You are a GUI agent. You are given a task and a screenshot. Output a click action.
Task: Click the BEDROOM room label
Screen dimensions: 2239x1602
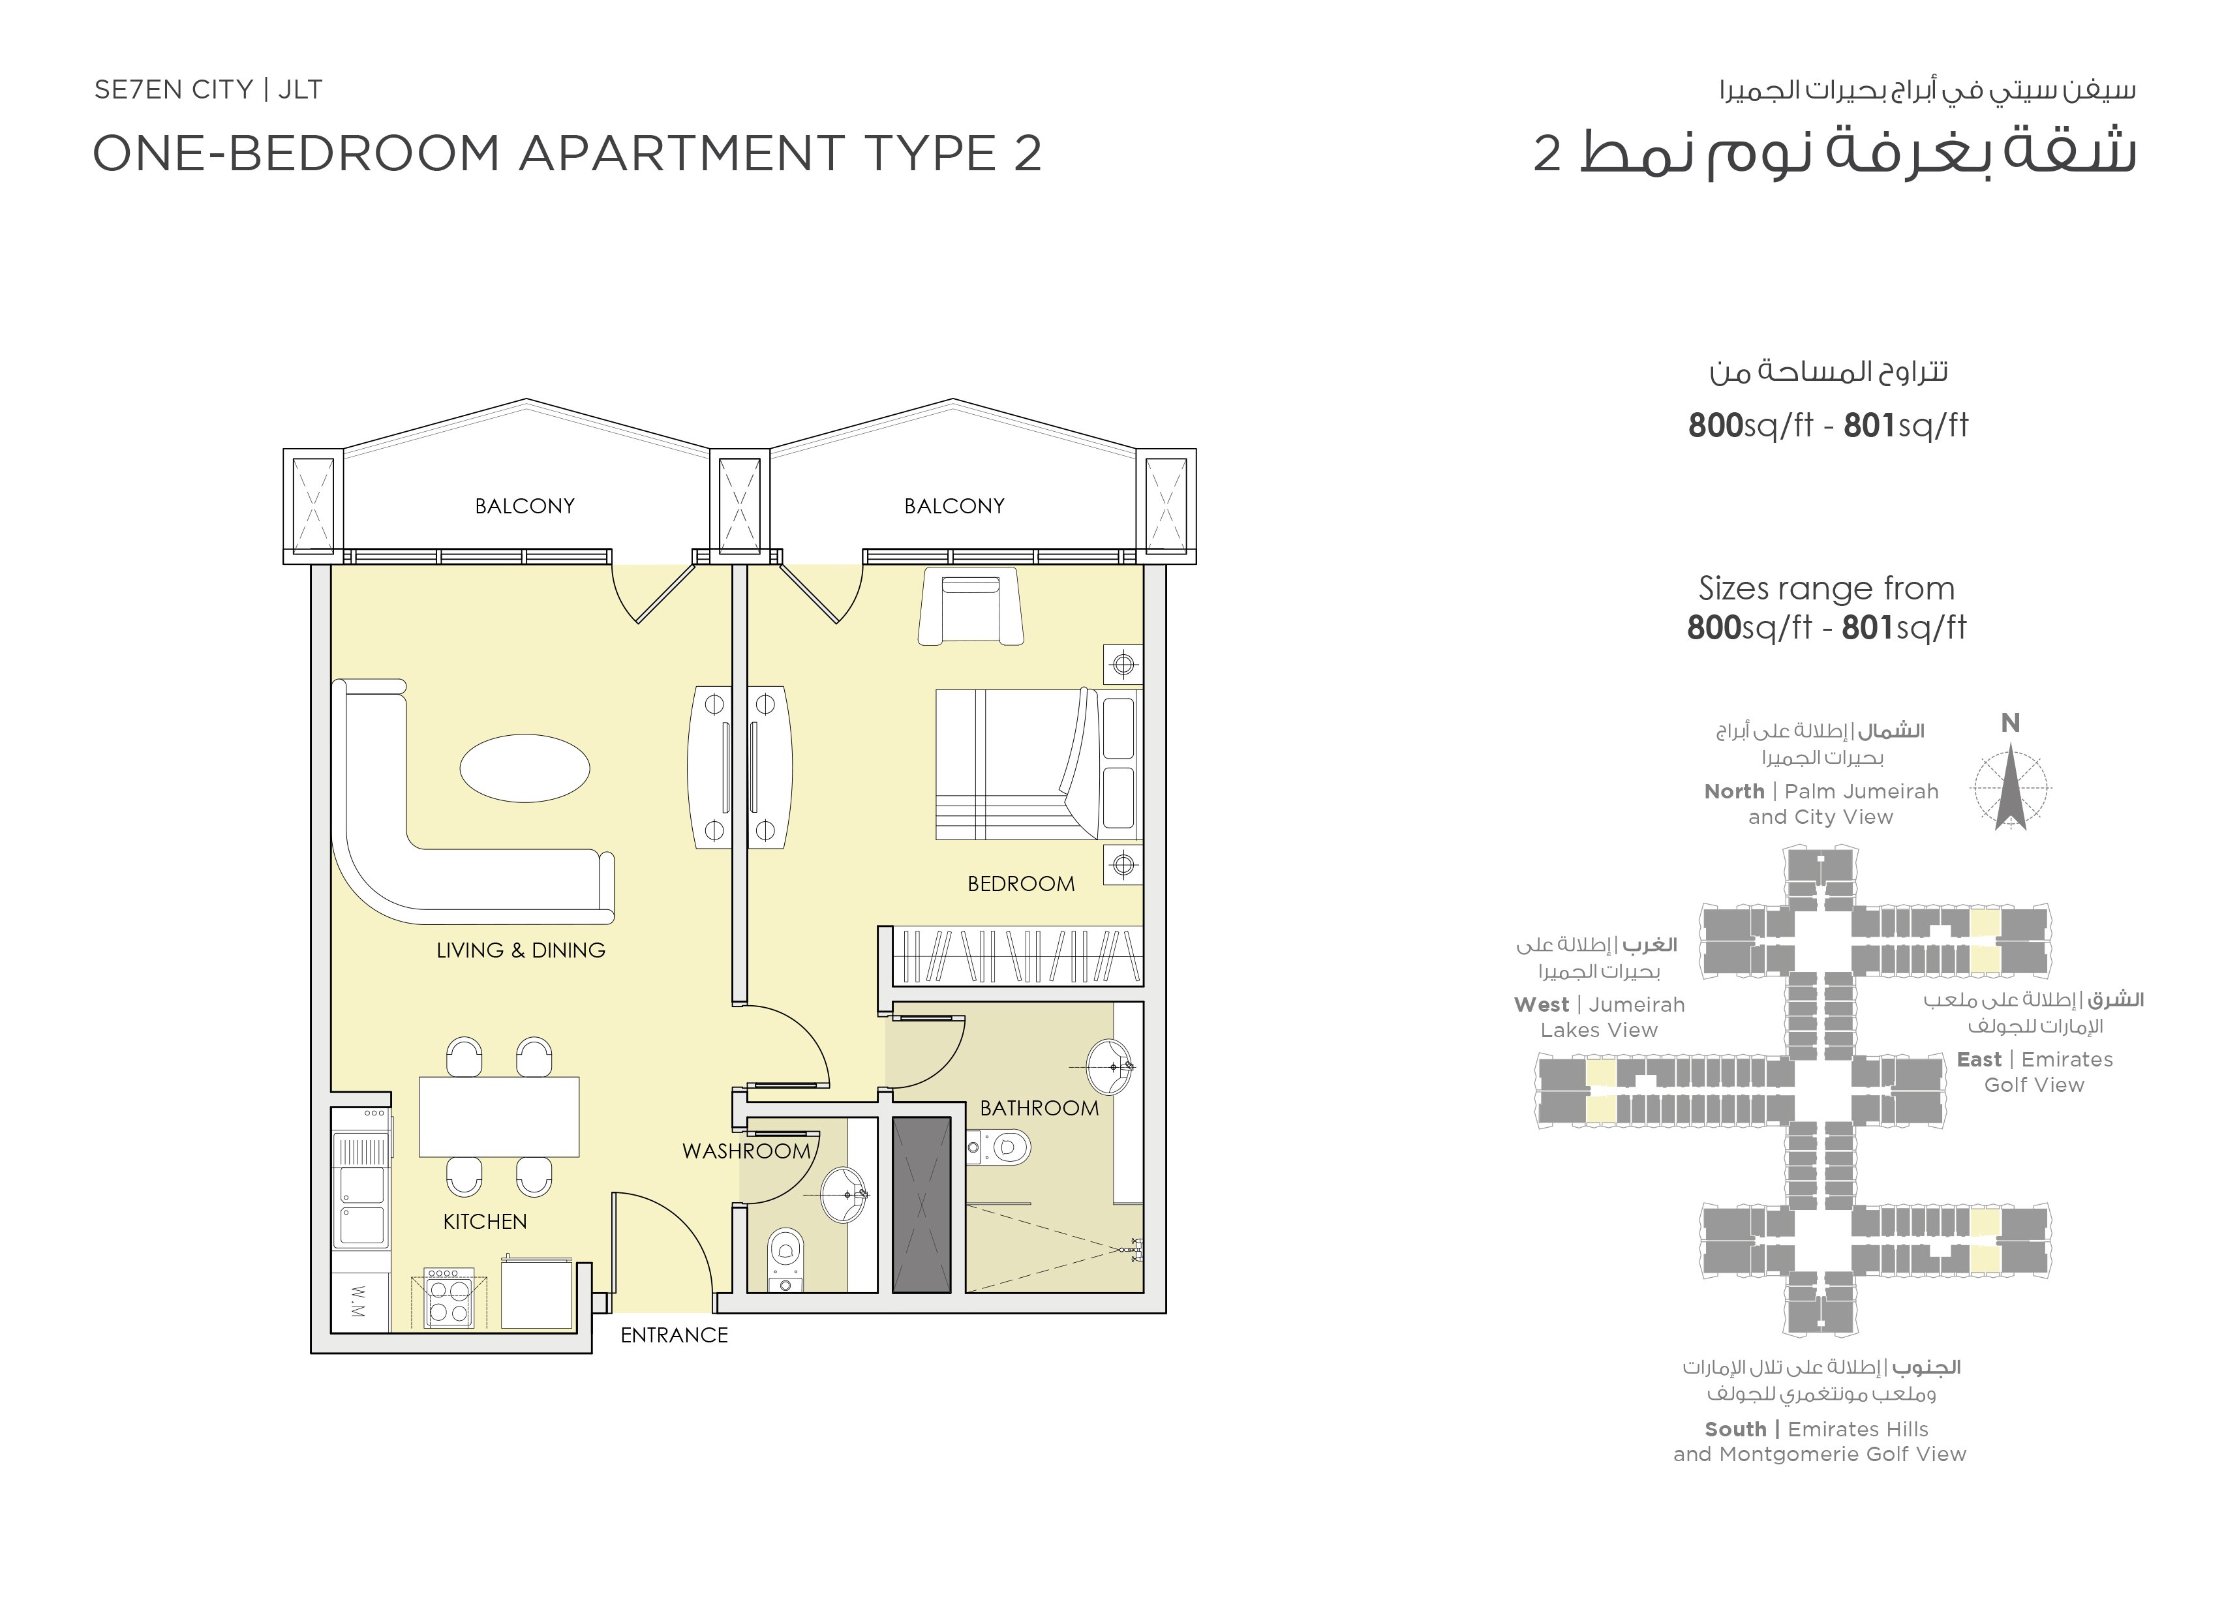click(x=1021, y=884)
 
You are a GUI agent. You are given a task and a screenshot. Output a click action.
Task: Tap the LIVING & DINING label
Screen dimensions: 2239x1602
click(x=521, y=950)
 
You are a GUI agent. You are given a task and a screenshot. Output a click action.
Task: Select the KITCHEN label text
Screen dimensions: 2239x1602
click(x=485, y=1221)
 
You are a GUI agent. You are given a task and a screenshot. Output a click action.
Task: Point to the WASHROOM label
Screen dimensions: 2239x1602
click(x=746, y=1151)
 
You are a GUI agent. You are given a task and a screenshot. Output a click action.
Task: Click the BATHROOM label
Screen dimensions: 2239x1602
click(x=1040, y=1108)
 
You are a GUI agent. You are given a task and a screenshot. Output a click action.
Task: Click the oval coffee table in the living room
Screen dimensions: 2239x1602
click(x=525, y=768)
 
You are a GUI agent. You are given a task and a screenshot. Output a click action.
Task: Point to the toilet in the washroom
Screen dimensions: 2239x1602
click(x=785, y=1260)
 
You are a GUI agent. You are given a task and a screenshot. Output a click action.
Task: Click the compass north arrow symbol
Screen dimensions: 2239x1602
click(x=2010, y=788)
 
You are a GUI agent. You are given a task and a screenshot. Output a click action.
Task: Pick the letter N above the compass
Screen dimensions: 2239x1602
click(x=2010, y=723)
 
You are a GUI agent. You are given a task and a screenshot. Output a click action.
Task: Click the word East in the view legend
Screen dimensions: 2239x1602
click(x=1979, y=1059)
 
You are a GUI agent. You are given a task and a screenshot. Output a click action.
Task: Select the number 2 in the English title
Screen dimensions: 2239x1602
click(x=1028, y=154)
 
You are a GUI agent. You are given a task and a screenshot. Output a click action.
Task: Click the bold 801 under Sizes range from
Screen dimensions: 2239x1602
click(x=1868, y=627)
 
